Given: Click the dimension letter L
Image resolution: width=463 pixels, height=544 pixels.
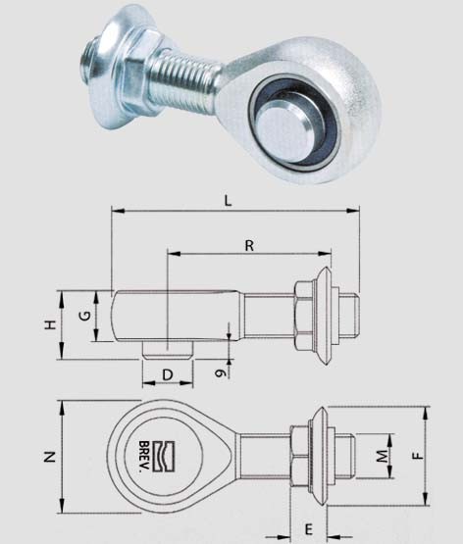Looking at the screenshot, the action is click(x=228, y=201).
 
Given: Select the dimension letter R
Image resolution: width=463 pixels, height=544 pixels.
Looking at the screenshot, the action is click(x=249, y=246).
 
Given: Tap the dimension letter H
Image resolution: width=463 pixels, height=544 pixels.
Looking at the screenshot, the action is click(x=51, y=325).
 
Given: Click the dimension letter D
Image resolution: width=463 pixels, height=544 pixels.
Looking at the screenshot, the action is click(x=168, y=374).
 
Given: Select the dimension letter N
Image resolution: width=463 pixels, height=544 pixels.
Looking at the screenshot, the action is click(x=50, y=457).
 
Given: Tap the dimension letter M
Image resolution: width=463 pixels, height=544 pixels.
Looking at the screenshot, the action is click(x=383, y=456).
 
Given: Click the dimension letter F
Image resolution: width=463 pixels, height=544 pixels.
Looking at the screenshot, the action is click(x=419, y=455).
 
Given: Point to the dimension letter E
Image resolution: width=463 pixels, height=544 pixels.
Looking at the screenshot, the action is click(x=309, y=529).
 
